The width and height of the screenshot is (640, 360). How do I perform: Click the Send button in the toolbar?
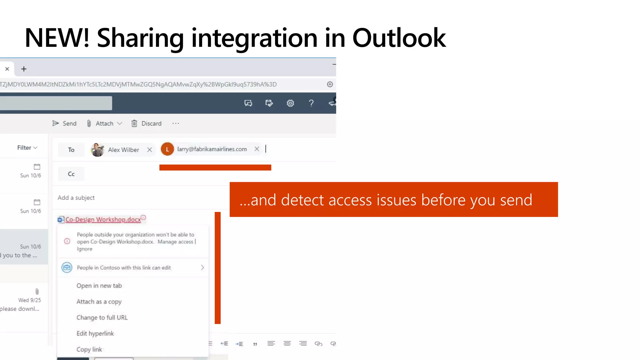tap(65, 123)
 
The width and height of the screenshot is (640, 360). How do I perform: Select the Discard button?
tap(147, 123)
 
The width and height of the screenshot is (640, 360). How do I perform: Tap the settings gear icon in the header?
tap(290, 103)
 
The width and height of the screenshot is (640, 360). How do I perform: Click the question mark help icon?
tap(311, 103)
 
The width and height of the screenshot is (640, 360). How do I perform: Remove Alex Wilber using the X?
tap(150, 150)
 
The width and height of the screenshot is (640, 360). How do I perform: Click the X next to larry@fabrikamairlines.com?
tap(257, 149)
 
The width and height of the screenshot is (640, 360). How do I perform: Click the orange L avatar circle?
tap(167, 149)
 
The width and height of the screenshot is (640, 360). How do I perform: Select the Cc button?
tap(71, 174)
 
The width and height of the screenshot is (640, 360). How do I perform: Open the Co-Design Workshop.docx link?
tap(103, 220)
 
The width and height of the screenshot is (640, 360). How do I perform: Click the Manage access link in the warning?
tap(175, 242)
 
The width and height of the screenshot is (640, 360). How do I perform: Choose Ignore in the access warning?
tap(85, 249)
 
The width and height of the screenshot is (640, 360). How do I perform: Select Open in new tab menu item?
tap(99, 286)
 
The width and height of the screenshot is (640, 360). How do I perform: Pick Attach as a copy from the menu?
tap(99, 302)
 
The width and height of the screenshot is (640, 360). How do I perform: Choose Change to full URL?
tap(102, 317)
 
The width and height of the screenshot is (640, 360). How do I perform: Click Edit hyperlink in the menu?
tap(95, 333)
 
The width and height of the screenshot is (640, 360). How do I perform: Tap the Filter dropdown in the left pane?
tap(27, 148)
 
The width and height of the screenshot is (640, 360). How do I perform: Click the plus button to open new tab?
tap(24, 69)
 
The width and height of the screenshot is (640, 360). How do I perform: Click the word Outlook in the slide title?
tap(399, 38)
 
